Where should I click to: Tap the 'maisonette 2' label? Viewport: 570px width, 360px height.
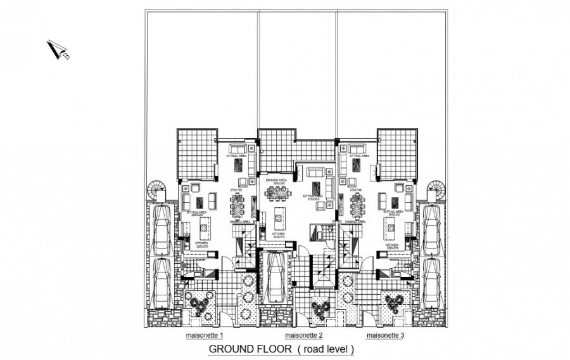(x=304, y=335)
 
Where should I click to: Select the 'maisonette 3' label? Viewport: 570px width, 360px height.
(x=386, y=335)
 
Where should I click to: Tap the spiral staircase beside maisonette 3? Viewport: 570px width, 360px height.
(x=436, y=190)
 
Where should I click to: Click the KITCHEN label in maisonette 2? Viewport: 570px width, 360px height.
(x=279, y=234)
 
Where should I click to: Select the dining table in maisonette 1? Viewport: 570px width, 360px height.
(x=240, y=205)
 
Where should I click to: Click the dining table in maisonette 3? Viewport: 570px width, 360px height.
(x=357, y=205)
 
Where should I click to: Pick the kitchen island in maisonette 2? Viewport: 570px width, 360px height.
(x=277, y=221)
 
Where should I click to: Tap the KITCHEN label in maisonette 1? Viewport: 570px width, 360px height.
(x=202, y=243)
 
